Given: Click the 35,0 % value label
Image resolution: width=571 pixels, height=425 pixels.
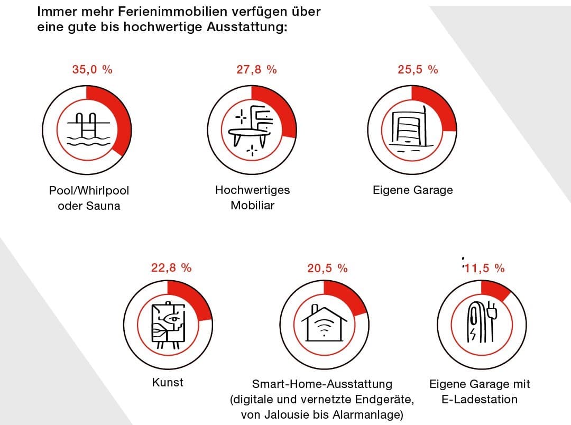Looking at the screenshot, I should tap(93, 70).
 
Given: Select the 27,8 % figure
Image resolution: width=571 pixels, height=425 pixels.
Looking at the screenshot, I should tap(256, 70).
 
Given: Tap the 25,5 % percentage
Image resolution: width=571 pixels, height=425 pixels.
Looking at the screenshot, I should tap(418, 70).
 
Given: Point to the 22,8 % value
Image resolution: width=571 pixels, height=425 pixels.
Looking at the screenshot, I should tap(171, 268).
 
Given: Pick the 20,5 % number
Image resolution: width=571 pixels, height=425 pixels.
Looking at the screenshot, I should tap(327, 269).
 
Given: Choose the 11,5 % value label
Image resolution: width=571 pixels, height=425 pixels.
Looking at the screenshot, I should tap(484, 269).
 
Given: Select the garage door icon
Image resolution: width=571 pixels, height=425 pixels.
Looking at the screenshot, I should tap(411, 128).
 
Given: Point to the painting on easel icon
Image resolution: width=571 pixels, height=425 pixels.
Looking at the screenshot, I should tap(167, 326).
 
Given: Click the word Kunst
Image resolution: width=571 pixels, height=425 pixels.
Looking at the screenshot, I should tap(168, 382).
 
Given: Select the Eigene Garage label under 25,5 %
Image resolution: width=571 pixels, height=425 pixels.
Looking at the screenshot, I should tap(412, 190).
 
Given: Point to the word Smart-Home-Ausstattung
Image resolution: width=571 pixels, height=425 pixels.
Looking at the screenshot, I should tap(322, 384).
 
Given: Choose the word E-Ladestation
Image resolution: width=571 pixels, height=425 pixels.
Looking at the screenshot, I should tap(479, 399).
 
